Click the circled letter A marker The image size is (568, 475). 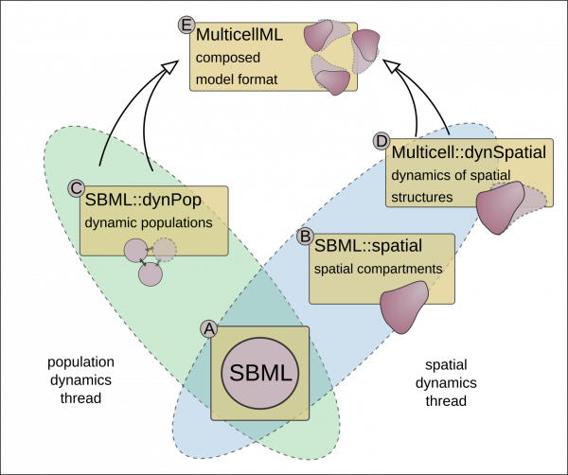(210, 328)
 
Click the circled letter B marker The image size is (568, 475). (306, 235)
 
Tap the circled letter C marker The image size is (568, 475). (77, 187)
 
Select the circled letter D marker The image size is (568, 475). (382, 141)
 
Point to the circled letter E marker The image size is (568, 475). (186, 25)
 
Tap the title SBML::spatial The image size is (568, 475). (368, 246)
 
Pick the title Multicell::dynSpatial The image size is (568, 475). (469, 152)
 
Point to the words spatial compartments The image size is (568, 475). (378, 269)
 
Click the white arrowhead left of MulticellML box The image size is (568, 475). (169, 66)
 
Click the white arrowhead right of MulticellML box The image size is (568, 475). (392, 66)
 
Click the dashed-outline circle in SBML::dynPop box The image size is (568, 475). (165, 250)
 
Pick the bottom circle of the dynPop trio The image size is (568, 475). (150, 274)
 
